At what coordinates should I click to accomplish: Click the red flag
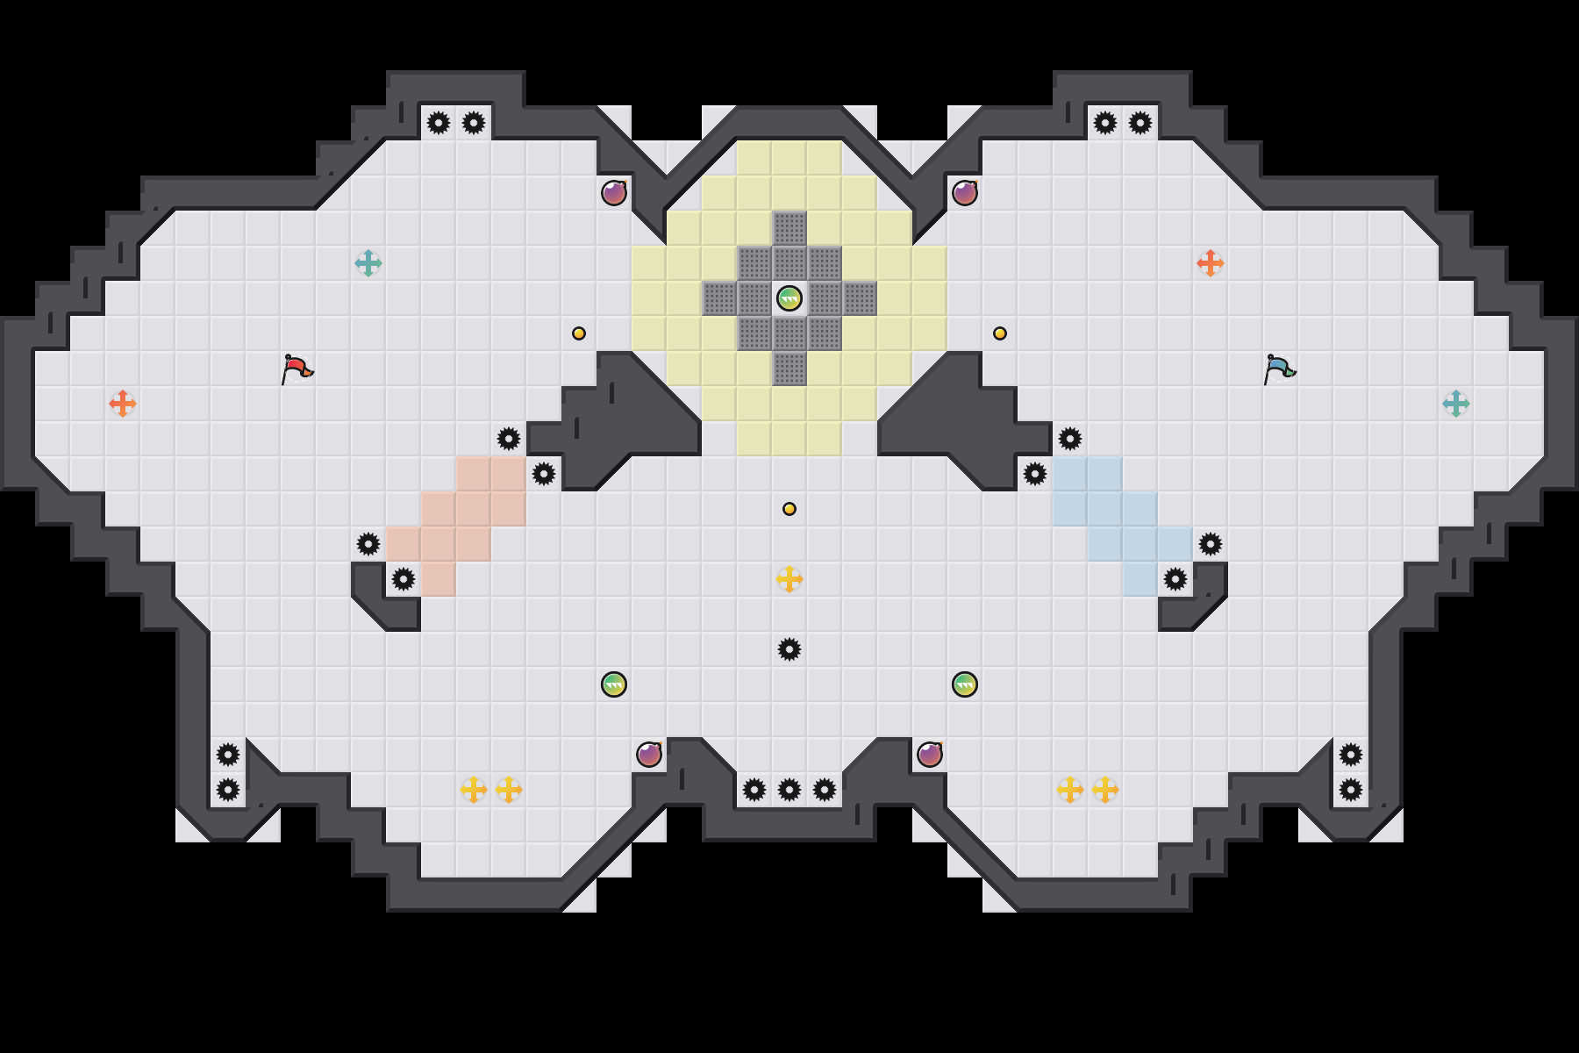[x=297, y=369]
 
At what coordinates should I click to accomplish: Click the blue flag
[x=1279, y=369]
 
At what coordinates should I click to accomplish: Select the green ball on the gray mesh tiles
[x=789, y=298]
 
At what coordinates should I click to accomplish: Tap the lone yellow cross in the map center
[x=789, y=579]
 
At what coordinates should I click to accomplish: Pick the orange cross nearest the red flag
[x=123, y=404]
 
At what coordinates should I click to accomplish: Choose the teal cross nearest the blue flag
[x=1456, y=404]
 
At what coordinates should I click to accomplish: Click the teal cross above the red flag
[x=368, y=263]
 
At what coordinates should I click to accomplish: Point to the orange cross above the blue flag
[x=1211, y=263]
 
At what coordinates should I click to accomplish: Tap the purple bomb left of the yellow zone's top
[x=614, y=193]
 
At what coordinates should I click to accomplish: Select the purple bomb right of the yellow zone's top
[x=965, y=193]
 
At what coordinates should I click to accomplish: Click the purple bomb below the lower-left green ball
[x=649, y=755]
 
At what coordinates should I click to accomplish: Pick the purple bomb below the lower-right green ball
[x=930, y=755]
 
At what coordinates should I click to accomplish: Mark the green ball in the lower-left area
[x=614, y=684]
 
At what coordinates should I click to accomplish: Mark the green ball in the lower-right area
[x=965, y=684]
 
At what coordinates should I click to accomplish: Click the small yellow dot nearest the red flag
[x=579, y=333]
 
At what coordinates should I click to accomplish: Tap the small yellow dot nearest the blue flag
[x=1000, y=333]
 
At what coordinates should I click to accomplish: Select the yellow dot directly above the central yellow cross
[x=789, y=509]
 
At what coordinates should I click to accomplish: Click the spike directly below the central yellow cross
[x=789, y=649]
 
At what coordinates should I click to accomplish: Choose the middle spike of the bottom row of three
[x=789, y=790]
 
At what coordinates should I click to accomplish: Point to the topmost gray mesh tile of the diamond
[x=789, y=228]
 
